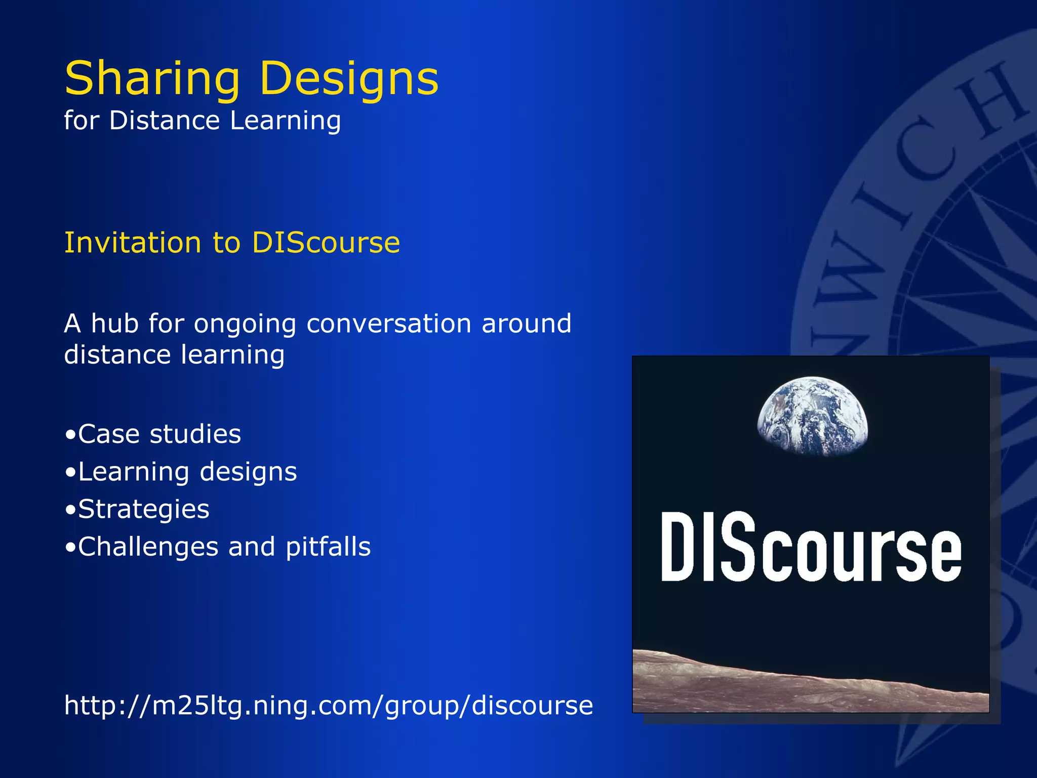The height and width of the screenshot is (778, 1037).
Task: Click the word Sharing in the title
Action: (x=152, y=79)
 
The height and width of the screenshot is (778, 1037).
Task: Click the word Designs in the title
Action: (x=349, y=79)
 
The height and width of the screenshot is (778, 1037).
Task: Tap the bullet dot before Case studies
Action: (x=70, y=435)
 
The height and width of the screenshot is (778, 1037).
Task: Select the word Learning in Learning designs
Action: (x=134, y=472)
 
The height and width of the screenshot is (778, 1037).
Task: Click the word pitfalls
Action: (x=328, y=547)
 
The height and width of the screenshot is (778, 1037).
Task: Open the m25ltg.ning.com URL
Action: (x=328, y=705)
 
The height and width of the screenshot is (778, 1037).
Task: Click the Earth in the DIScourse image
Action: (x=812, y=415)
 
